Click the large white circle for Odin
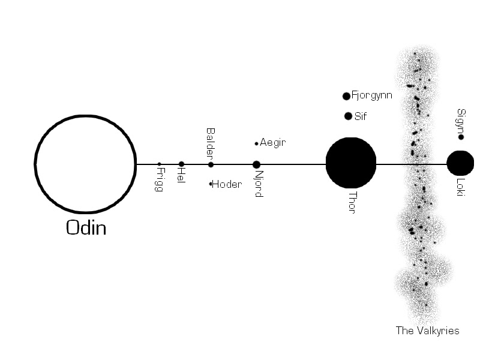(x=85, y=164)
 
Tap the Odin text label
(x=86, y=227)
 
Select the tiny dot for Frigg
(x=159, y=164)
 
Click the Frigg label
(x=160, y=179)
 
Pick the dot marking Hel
(x=181, y=164)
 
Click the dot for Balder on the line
(x=211, y=164)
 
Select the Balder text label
(x=211, y=143)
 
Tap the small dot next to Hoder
(x=211, y=184)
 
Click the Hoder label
(x=227, y=184)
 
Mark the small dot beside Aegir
(x=256, y=143)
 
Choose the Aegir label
(x=272, y=143)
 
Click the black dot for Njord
(x=256, y=164)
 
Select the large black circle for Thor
(x=351, y=163)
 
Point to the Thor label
(x=352, y=203)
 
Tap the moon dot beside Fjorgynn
(x=346, y=96)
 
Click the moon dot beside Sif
(x=348, y=116)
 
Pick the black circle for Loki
(x=460, y=163)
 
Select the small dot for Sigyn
(x=461, y=137)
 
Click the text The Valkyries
(x=427, y=331)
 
